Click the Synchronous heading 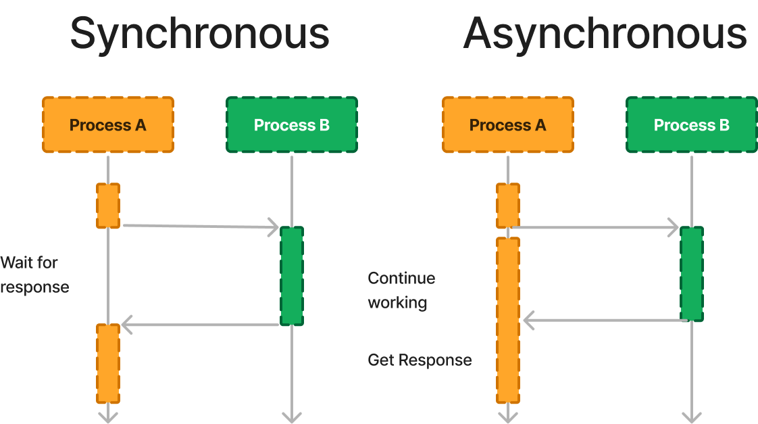(199, 34)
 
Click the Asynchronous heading (605, 34)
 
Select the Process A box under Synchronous (108, 125)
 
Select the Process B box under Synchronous (292, 125)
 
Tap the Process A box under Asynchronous (508, 125)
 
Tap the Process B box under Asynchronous (692, 125)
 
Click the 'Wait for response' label (34, 275)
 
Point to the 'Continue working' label (401, 290)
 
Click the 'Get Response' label (420, 360)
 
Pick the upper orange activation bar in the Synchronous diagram (108, 206)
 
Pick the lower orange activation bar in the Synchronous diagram (108, 363)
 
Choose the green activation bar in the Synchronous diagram (292, 275)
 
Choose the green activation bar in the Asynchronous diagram (692, 274)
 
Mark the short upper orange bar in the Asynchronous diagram (508, 206)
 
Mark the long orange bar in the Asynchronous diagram (508, 320)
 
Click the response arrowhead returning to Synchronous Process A (126, 325)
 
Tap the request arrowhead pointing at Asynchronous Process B (674, 228)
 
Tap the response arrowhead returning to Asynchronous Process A (528, 320)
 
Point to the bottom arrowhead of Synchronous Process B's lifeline (292, 417)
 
